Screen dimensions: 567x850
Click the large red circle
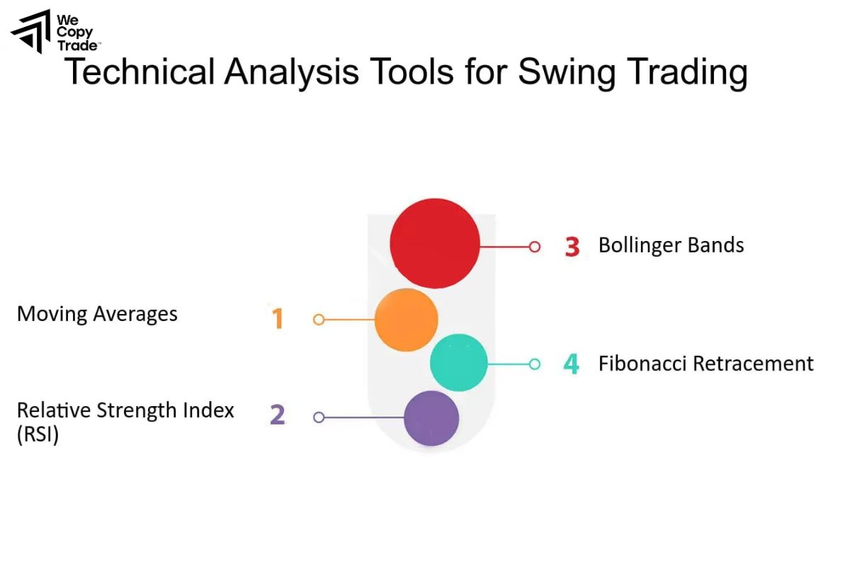pyautogui.click(x=435, y=243)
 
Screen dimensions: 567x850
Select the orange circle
pyautogui.click(x=406, y=320)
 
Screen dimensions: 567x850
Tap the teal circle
pyautogui.click(x=459, y=363)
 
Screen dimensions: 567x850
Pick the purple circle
pyautogui.click(x=431, y=418)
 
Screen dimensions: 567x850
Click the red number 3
pyautogui.click(x=572, y=247)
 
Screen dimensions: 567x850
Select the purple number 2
pyautogui.click(x=277, y=415)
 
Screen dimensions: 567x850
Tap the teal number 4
pyautogui.click(x=571, y=364)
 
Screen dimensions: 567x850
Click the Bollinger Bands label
pyautogui.click(x=671, y=245)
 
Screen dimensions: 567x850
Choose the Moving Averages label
pyautogui.click(x=97, y=313)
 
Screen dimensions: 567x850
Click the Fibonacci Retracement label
pyautogui.click(x=705, y=364)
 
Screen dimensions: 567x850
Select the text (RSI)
pyautogui.click(x=38, y=434)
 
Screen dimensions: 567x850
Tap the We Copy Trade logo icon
pyautogui.click(x=30, y=30)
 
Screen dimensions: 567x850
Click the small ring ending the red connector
pyautogui.click(x=535, y=247)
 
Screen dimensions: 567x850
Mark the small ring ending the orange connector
pyautogui.click(x=319, y=320)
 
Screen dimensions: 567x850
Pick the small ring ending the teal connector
pyautogui.click(x=535, y=364)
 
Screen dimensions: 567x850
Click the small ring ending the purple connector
pyautogui.click(x=319, y=417)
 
